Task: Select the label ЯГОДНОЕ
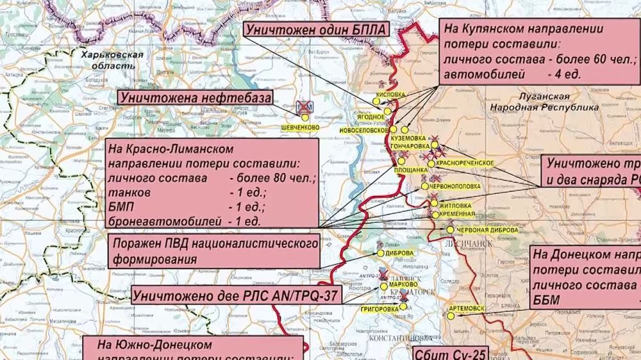point(371,117)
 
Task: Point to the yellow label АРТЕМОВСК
point(467,308)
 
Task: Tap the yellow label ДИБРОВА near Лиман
point(399,253)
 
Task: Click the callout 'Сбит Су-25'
point(449,353)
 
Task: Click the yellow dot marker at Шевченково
point(305,118)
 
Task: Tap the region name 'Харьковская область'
point(112,60)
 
